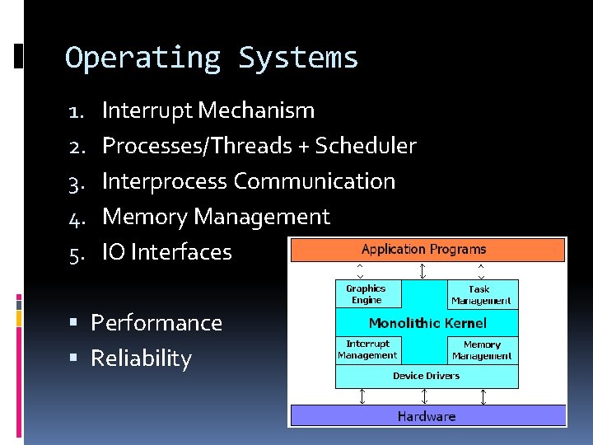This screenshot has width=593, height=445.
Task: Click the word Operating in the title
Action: tap(143, 58)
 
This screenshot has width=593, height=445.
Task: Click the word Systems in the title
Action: tap(298, 58)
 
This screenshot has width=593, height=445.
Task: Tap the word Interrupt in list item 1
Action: tap(147, 110)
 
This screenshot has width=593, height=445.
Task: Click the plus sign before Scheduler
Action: tap(304, 147)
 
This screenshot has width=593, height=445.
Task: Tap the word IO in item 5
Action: tap(114, 252)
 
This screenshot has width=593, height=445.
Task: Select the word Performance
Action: tap(156, 323)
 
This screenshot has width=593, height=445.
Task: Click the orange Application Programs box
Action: tap(427, 249)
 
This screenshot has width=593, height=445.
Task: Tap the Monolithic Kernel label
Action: tap(427, 323)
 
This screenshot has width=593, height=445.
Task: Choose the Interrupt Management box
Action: tap(367, 349)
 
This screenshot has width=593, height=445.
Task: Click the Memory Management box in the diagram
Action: tap(482, 350)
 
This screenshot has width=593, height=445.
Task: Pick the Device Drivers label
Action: tap(426, 376)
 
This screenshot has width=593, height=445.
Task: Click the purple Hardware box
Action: tap(427, 416)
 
